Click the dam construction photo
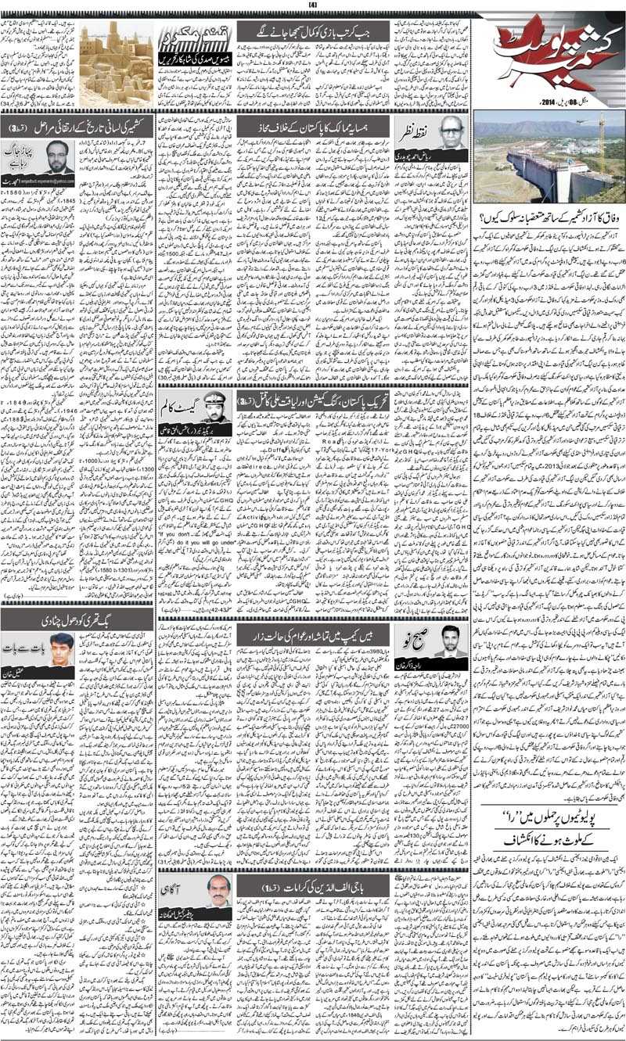(x=549, y=157)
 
